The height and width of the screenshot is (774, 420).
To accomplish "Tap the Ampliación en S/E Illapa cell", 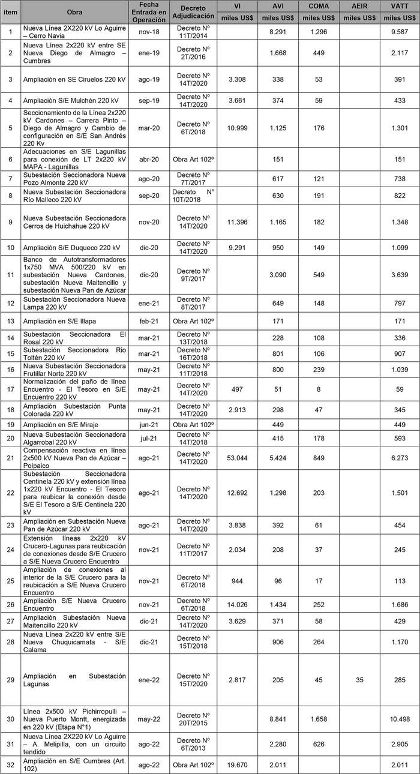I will pyautogui.click(x=49, y=320).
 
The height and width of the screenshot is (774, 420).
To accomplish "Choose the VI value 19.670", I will pyautogui.click(x=237, y=764).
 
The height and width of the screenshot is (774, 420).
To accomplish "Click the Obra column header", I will pyautogui.click(x=74, y=11).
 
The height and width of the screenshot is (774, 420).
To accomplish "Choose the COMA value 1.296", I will pyautogui.click(x=318, y=32).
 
